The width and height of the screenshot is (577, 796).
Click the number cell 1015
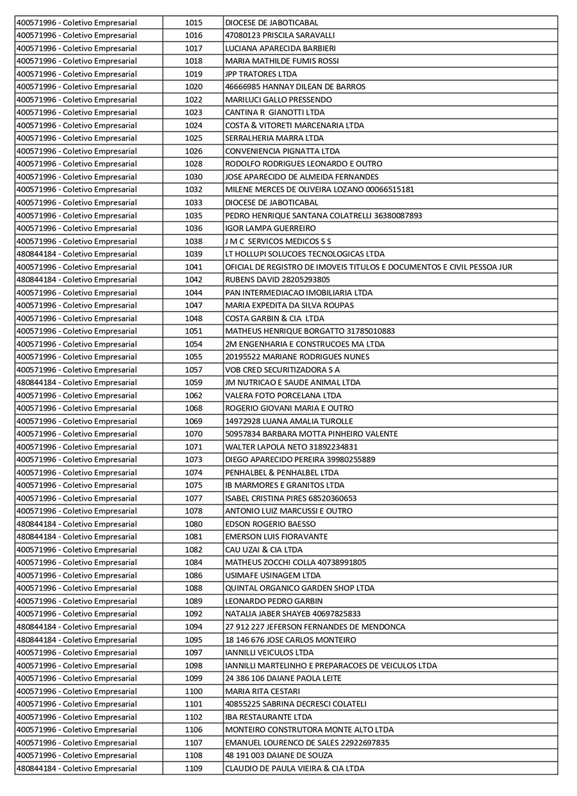(x=194, y=22)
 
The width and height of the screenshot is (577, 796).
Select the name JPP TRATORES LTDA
(x=261, y=74)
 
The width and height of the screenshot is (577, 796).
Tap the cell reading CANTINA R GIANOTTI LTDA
(x=274, y=112)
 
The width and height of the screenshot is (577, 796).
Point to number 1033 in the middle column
(x=194, y=202)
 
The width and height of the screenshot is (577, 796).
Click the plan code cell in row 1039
(x=76, y=254)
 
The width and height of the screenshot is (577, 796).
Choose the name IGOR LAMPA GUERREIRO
(x=270, y=228)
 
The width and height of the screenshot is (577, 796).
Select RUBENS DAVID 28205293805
(x=278, y=280)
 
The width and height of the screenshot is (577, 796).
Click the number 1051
(x=194, y=331)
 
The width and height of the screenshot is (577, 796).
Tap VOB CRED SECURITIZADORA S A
(x=283, y=370)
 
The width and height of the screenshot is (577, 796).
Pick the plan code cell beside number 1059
(x=76, y=382)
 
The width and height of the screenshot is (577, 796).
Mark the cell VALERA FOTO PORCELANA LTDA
(x=283, y=395)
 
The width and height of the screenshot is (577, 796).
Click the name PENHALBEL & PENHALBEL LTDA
(x=282, y=473)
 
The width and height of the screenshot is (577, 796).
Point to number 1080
(x=194, y=524)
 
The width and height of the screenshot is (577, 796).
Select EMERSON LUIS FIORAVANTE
(x=276, y=537)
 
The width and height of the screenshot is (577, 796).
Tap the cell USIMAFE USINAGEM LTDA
(x=272, y=575)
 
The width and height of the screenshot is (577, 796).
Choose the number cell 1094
(x=194, y=627)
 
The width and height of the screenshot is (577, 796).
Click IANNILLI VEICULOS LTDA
(x=269, y=653)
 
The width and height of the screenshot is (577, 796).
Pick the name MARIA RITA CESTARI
(x=262, y=691)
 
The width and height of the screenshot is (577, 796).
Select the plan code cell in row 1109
(x=76, y=768)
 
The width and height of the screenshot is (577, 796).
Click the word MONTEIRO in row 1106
(x=244, y=729)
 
